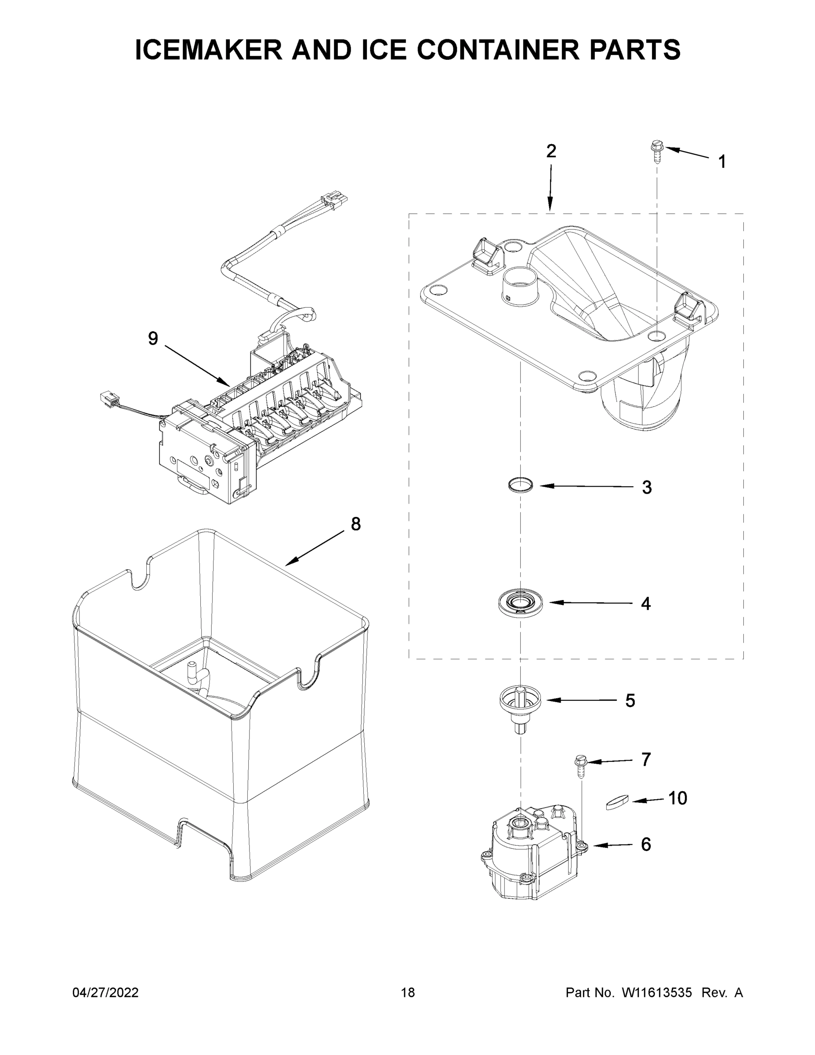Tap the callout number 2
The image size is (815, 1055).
551,151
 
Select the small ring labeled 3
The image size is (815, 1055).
521,484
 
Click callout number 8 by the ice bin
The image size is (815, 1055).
355,524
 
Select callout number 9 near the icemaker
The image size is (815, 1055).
152,338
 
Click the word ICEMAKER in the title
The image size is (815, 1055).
209,50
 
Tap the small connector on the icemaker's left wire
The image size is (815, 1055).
109,399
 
